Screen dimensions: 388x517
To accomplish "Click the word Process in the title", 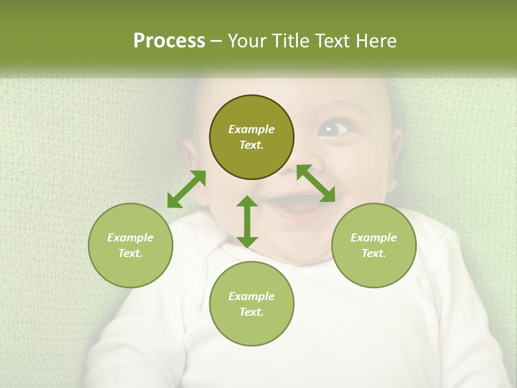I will pyautogui.click(x=169, y=41).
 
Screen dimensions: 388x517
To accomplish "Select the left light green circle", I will pyautogui.click(x=130, y=245).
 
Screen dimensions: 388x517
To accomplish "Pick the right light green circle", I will pyautogui.click(x=374, y=245).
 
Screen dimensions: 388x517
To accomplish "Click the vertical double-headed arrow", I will pyautogui.click(x=247, y=221).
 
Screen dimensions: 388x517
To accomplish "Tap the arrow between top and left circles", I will pyautogui.click(x=186, y=189).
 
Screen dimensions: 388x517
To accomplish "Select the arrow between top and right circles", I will pyautogui.click(x=316, y=183).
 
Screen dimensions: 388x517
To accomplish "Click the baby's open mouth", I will pyautogui.click(x=296, y=206).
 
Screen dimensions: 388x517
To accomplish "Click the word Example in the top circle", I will pyautogui.click(x=251, y=129).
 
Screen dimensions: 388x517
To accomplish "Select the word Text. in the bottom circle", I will pyautogui.click(x=251, y=312).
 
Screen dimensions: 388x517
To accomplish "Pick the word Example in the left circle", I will pyautogui.click(x=130, y=238).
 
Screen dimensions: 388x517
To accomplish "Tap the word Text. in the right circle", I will pyautogui.click(x=374, y=253).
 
